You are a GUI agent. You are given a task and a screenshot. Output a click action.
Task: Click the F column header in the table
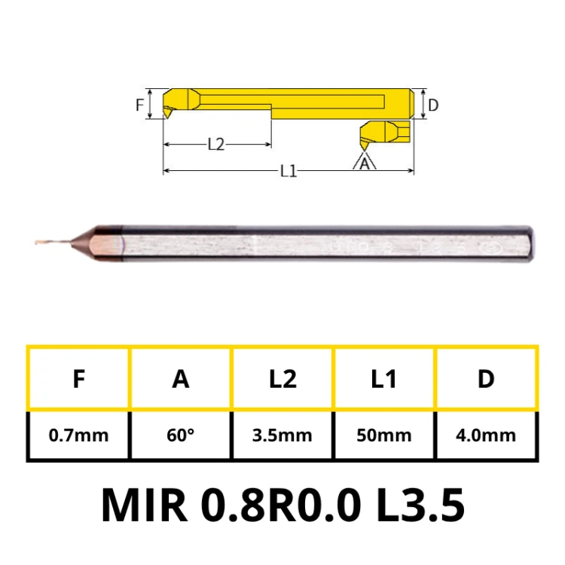tap(78, 379)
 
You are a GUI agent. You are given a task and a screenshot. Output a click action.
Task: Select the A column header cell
tap(181, 379)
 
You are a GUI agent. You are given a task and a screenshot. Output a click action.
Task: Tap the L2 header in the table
tap(282, 379)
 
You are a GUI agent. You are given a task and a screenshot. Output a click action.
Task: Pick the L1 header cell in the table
tap(384, 379)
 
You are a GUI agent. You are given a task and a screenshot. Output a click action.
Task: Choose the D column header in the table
tap(486, 379)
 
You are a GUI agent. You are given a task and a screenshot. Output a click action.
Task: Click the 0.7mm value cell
tap(78, 435)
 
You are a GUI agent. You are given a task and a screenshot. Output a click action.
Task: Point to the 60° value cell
tap(181, 435)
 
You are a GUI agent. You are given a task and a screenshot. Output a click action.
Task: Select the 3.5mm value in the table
tap(282, 435)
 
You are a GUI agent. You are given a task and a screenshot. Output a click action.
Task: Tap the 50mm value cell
tap(384, 435)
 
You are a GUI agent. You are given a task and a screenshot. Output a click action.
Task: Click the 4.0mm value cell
tap(486, 435)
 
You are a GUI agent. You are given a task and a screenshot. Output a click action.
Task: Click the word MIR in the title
tap(144, 505)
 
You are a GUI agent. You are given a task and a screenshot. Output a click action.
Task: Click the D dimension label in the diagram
tap(433, 105)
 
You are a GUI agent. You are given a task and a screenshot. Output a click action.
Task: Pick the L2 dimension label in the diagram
tap(216, 145)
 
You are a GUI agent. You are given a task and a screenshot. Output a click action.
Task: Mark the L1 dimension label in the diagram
tap(288, 172)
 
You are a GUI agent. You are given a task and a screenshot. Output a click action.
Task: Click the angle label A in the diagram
tap(365, 163)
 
